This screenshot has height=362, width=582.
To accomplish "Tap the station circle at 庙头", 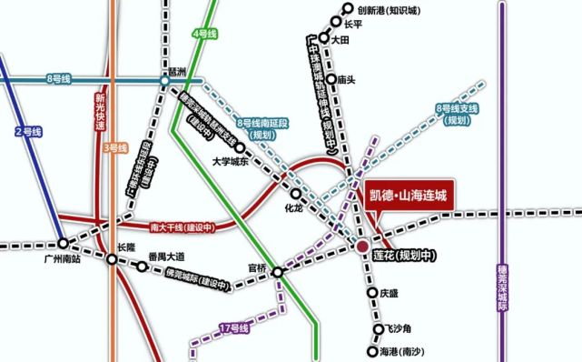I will pyautogui.click(x=330, y=79).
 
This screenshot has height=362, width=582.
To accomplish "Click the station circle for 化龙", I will pyautogui.click(x=295, y=194).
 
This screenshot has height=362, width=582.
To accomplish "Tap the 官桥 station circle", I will pyautogui.click(x=277, y=271).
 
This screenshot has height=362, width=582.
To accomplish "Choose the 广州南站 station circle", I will pyautogui.click(x=63, y=244).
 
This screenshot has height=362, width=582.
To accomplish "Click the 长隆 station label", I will pyautogui.click(x=125, y=246).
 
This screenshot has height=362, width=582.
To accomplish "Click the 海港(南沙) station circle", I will pyautogui.click(x=372, y=351).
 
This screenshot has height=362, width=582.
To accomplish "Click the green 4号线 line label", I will pyautogui.click(x=206, y=34).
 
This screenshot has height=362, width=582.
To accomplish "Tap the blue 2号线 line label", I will pyautogui.click(x=29, y=132).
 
